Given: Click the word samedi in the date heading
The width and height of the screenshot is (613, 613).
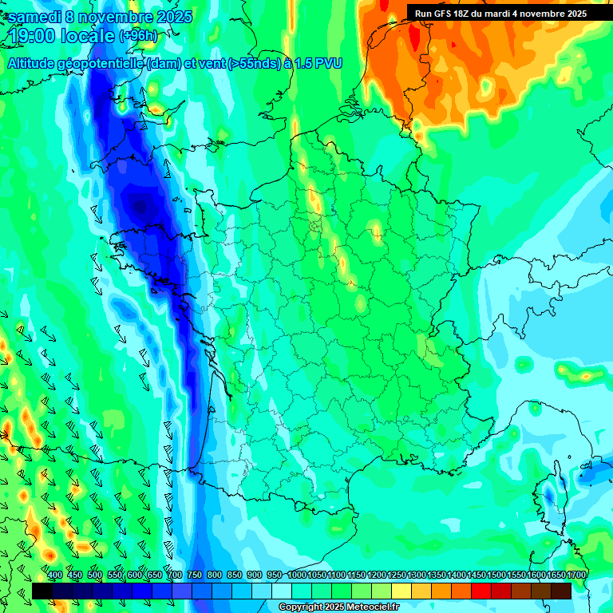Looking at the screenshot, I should click(38, 17).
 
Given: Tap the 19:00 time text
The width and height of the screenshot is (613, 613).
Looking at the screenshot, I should click(30, 37).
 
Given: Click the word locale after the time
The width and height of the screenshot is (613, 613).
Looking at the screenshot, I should click(89, 37).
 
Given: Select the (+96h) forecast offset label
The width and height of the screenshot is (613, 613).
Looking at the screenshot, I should click(139, 36).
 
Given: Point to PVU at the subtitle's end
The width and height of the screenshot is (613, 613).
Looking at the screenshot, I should click(328, 63).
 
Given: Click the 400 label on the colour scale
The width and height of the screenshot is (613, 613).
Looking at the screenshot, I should click(55, 575).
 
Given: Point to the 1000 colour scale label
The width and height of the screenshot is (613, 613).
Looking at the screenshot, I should click(297, 575).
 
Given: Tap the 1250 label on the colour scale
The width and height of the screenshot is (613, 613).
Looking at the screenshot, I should click(397, 575).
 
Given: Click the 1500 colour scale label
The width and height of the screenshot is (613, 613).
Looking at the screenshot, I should click(496, 575).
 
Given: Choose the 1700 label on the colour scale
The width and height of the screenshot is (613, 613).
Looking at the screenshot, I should click(575, 575).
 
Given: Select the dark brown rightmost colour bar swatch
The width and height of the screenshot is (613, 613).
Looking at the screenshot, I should click(561, 591).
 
